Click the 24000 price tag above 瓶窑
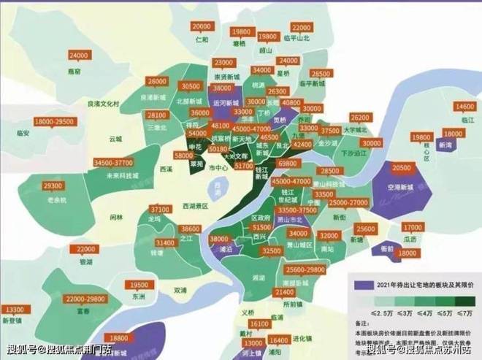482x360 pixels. [x=77, y=55]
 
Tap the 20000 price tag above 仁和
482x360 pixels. [x=202, y=26]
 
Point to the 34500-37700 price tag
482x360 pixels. [x=113, y=162]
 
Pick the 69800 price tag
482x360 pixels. [x=286, y=164]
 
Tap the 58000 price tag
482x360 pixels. [x=184, y=156]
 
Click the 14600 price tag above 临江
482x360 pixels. [x=465, y=107]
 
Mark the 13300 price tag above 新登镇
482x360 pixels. [x=13, y=309]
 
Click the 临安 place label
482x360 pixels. [x=23, y=134]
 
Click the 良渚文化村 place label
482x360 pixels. [x=102, y=104]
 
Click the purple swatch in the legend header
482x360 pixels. [x=360, y=284]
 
